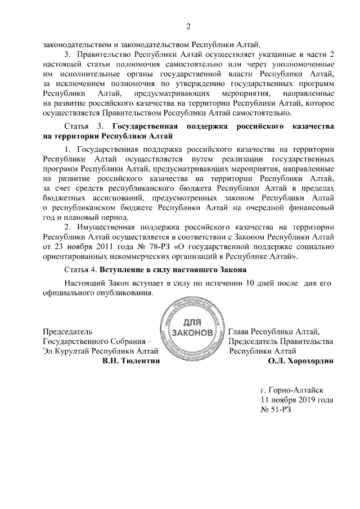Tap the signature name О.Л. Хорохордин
click(x=301, y=362)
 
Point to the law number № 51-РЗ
click(x=276, y=410)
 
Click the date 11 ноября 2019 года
click(x=296, y=400)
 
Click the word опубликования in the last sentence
click(x=125, y=293)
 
